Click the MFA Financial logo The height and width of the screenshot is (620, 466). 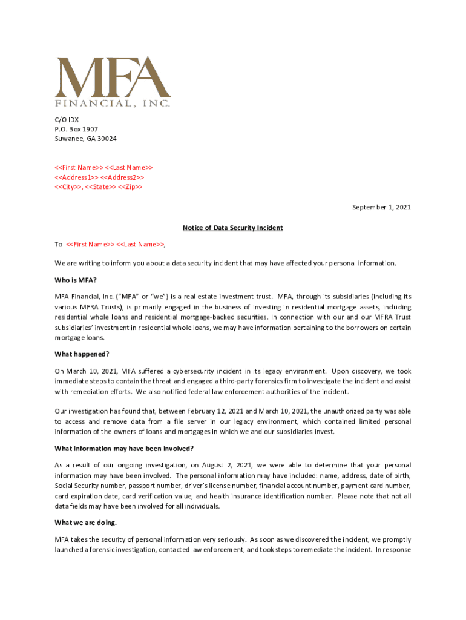(x=113, y=82)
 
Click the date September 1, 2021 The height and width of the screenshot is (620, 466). (x=382, y=208)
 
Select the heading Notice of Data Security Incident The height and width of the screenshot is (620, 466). (x=233, y=228)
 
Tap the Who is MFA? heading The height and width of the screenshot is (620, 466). (x=76, y=280)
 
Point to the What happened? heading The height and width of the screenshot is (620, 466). (x=82, y=354)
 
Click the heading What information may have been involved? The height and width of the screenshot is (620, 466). (x=124, y=449)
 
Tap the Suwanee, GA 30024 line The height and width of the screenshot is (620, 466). (x=85, y=139)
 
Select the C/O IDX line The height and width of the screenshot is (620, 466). (x=67, y=120)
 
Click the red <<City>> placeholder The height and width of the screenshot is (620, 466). (x=68, y=187)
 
